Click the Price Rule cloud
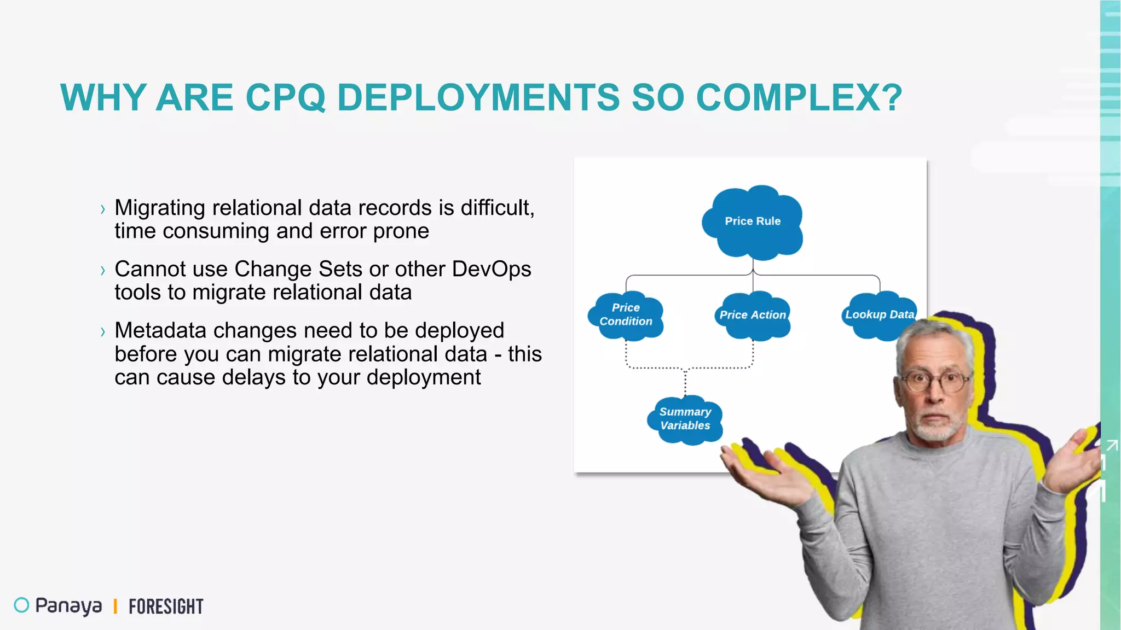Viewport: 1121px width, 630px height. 753,221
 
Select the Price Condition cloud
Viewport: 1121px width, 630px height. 626,316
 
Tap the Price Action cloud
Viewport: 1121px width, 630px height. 753,316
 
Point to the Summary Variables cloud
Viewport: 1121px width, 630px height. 685,419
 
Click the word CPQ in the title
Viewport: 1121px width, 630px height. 285,98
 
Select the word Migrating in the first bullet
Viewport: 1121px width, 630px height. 160,208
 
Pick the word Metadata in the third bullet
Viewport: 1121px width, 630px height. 160,330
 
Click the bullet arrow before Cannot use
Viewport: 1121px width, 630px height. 102,270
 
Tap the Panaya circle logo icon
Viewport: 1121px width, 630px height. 21,605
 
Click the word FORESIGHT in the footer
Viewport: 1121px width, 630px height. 166,606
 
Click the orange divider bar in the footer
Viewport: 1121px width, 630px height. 115,606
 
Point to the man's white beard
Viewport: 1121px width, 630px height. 937,429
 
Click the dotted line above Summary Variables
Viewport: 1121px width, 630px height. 685,383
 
